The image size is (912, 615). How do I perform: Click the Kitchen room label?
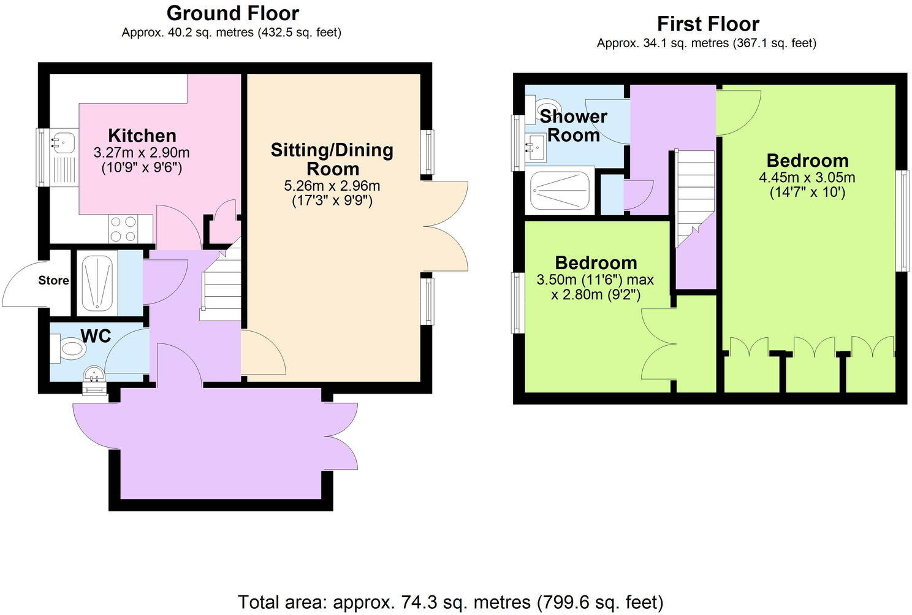(142, 136)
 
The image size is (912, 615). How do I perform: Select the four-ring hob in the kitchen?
(123, 229)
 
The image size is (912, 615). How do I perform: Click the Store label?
(53, 281)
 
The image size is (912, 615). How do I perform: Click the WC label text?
(96, 336)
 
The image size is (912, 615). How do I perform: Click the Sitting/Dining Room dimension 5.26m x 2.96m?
(332, 186)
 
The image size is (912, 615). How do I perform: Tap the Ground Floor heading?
(233, 13)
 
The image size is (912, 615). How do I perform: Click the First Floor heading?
(708, 24)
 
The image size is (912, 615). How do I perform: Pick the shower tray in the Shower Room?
(560, 190)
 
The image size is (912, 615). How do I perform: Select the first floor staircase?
(695, 196)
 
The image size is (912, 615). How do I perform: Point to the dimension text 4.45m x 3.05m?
(807, 178)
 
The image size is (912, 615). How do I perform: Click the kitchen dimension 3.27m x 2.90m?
(142, 152)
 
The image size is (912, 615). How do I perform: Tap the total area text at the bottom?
(450, 602)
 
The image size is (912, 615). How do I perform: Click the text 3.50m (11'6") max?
(595, 280)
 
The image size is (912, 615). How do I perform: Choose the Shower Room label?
(573, 125)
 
